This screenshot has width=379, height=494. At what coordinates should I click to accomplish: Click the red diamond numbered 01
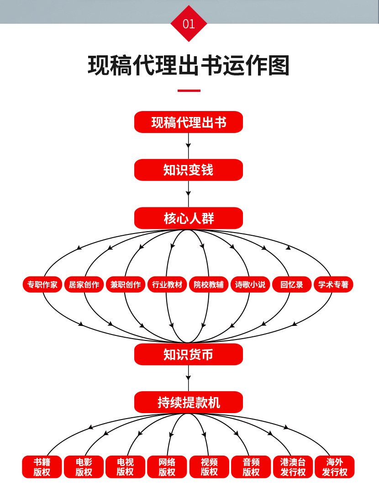[189, 24]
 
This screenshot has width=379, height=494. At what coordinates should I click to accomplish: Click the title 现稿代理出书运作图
[189, 66]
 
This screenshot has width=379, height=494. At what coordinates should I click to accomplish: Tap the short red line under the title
[189, 90]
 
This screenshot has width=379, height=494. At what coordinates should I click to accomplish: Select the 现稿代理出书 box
[189, 122]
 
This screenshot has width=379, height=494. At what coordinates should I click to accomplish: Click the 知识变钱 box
[189, 170]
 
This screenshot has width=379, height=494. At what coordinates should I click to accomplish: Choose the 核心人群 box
[189, 218]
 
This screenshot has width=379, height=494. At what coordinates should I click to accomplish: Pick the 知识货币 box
[189, 354]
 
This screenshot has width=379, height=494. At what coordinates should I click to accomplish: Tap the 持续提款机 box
[189, 402]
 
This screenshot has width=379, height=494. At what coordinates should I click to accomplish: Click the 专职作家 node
[42, 285]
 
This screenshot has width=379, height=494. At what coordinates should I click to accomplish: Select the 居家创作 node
[84, 285]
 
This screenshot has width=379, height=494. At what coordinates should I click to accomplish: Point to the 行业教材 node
[167, 285]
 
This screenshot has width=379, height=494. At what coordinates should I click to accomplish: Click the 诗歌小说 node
[250, 285]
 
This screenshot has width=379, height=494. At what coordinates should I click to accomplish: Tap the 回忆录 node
[292, 285]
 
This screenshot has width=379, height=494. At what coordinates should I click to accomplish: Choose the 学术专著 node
[333, 285]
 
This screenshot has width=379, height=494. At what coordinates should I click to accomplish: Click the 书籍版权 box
[42, 467]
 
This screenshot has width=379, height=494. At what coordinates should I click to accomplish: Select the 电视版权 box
[125, 467]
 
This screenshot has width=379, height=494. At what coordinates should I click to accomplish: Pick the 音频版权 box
[251, 467]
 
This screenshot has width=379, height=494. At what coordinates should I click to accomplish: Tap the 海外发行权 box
[334, 467]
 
